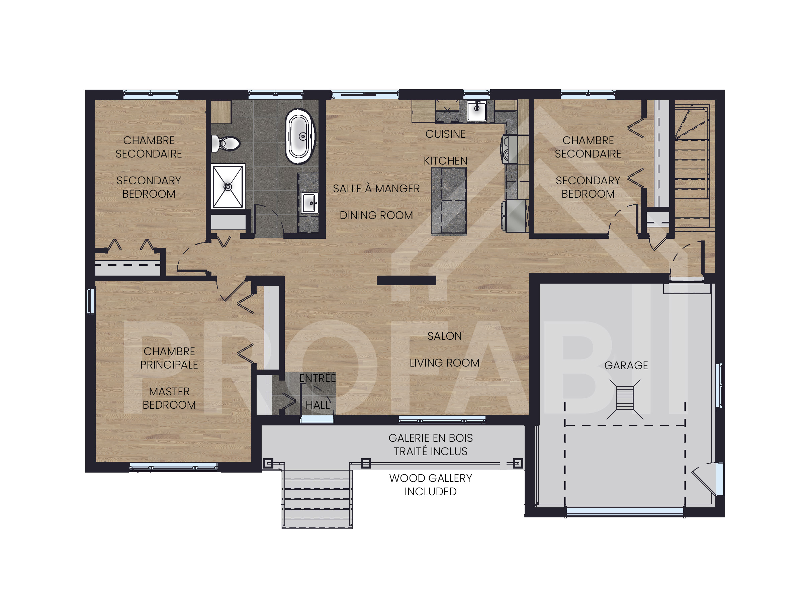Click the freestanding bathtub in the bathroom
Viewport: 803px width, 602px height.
tap(300, 136)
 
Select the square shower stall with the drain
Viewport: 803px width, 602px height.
tap(228, 187)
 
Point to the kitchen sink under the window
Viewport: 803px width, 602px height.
tap(476, 110)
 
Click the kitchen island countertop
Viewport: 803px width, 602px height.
tap(449, 201)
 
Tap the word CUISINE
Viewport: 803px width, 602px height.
tap(445, 134)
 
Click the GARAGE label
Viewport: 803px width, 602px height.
tap(626, 365)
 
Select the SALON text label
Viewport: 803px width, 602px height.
tap(444, 336)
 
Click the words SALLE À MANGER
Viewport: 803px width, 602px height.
tap(376, 188)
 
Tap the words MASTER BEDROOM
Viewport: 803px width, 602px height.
tap(169, 398)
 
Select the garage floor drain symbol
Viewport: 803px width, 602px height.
tap(625, 399)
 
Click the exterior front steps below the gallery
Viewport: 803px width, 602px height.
tap(317, 499)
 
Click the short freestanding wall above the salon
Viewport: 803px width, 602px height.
tap(406, 280)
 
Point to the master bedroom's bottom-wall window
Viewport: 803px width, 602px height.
tap(174, 467)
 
